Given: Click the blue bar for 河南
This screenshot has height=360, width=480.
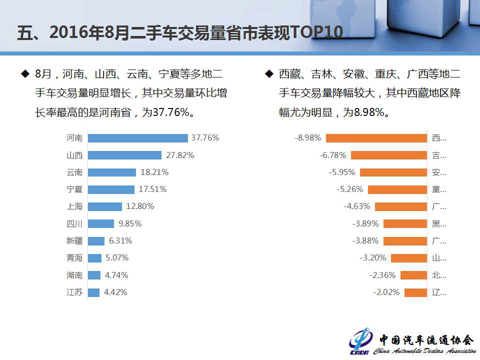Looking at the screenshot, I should pos(137,138).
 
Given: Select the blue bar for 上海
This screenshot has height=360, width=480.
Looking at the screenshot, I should pos(105,206).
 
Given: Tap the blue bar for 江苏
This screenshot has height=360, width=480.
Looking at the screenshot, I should pos(93,292).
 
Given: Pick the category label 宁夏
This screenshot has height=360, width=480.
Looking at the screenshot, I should pos(74,189).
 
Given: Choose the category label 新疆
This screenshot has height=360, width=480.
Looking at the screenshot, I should pos(74,241).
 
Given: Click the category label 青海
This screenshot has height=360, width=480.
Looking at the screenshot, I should pos(74,258).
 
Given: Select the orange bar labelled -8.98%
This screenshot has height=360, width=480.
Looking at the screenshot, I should pos(376,138).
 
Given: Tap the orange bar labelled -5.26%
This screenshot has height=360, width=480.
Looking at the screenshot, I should pos(397,189).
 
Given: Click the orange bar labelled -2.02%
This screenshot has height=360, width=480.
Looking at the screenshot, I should pos(415,292).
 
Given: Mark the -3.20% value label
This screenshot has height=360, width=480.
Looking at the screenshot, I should pos(373,258).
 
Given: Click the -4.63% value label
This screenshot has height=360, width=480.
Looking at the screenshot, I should pos(357,206).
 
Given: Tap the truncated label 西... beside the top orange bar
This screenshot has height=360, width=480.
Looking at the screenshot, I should pos(439,138).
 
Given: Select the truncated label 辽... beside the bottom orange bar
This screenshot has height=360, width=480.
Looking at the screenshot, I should pos(439,292).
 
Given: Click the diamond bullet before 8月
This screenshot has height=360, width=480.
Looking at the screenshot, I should pos(24,74).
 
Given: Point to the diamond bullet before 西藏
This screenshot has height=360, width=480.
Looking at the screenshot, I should pos(268,74).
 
